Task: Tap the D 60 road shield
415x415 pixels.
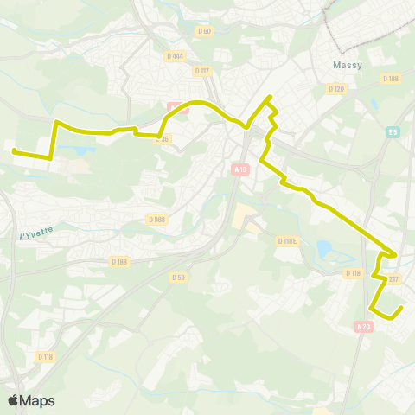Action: (205, 31)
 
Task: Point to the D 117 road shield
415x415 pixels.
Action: (202, 72)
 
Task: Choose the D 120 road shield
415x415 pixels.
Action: (336, 88)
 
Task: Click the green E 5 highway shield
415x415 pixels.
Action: (393, 131)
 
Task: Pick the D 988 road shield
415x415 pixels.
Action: (156, 220)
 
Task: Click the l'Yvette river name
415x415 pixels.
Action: (36, 234)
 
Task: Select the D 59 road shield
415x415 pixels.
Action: (178, 277)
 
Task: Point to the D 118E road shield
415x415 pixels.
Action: (288, 241)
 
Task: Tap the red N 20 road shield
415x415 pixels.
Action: (363, 326)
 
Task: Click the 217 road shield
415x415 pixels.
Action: (393, 278)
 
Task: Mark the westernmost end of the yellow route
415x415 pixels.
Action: (14, 151)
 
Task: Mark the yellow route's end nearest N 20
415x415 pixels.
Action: (402, 307)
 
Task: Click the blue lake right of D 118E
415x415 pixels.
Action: (324, 251)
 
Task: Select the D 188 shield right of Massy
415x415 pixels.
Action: (390, 79)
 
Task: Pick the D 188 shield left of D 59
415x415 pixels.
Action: (119, 261)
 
